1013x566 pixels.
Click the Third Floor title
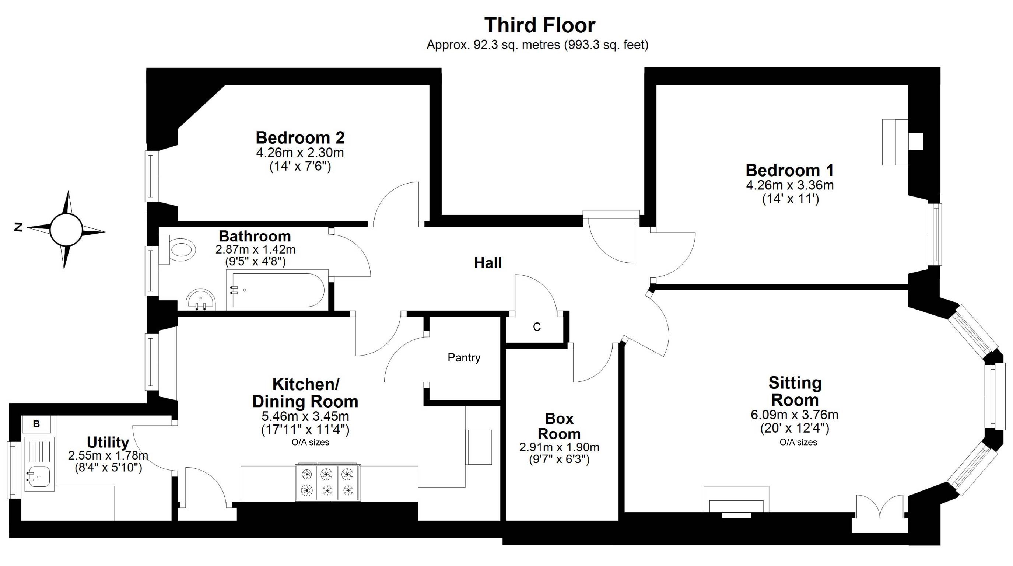point(540,25)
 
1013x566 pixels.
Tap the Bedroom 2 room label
point(300,138)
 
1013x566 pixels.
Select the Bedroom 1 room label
point(790,170)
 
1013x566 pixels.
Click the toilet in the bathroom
point(178,249)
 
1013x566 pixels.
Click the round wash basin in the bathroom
point(201,300)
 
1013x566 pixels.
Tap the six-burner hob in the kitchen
point(327,482)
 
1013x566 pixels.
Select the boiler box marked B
point(36,424)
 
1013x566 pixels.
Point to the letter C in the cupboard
point(537,327)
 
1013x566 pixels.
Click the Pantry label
point(464,357)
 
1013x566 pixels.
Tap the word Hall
point(488,263)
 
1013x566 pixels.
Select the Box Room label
point(559,426)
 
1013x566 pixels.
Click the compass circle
point(66,230)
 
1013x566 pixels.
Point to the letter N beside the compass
point(18,227)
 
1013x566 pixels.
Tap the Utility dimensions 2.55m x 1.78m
point(108,455)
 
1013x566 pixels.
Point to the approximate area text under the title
point(537,45)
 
